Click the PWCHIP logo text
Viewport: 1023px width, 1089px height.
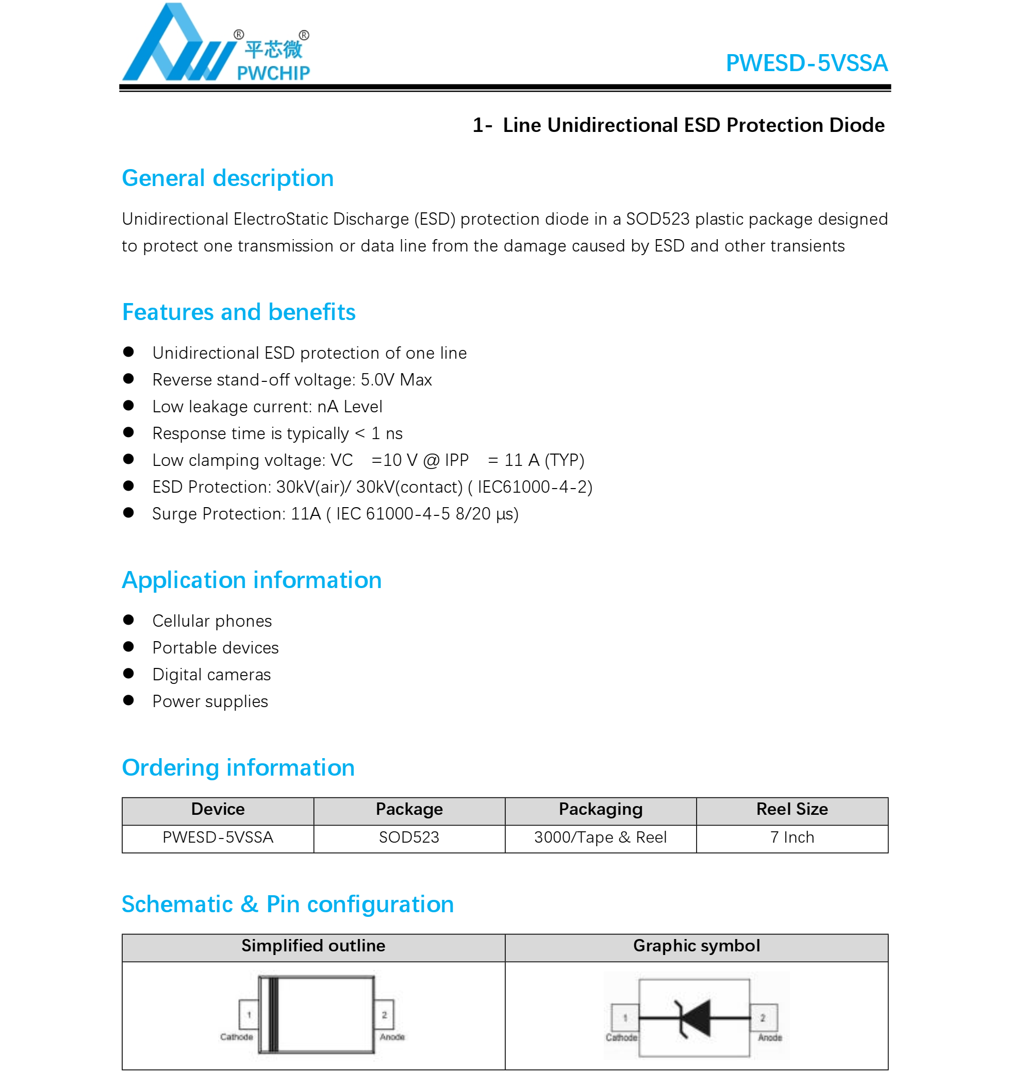pyautogui.click(x=273, y=72)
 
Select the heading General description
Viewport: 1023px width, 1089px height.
pyautogui.click(x=227, y=178)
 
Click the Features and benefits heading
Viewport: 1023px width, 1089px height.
pyautogui.click(x=238, y=312)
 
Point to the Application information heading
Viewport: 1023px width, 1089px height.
pyautogui.click(x=252, y=580)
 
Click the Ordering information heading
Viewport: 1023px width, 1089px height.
pyautogui.click(x=238, y=767)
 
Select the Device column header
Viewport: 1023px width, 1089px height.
pyautogui.click(x=218, y=809)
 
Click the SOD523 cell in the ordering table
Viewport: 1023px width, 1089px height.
pyautogui.click(x=409, y=837)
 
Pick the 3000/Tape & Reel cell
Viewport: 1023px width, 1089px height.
pyautogui.click(x=600, y=837)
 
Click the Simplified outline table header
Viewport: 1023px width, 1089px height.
pyautogui.click(x=313, y=946)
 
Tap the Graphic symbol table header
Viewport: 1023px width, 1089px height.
pyautogui.click(x=696, y=946)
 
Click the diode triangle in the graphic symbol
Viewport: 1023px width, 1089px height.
pyautogui.click(x=697, y=1017)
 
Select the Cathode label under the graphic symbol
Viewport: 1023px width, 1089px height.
pyautogui.click(x=621, y=1037)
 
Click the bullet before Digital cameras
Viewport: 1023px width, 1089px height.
pyautogui.click(x=129, y=673)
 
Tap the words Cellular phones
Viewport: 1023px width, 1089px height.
pyautogui.click(x=212, y=621)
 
